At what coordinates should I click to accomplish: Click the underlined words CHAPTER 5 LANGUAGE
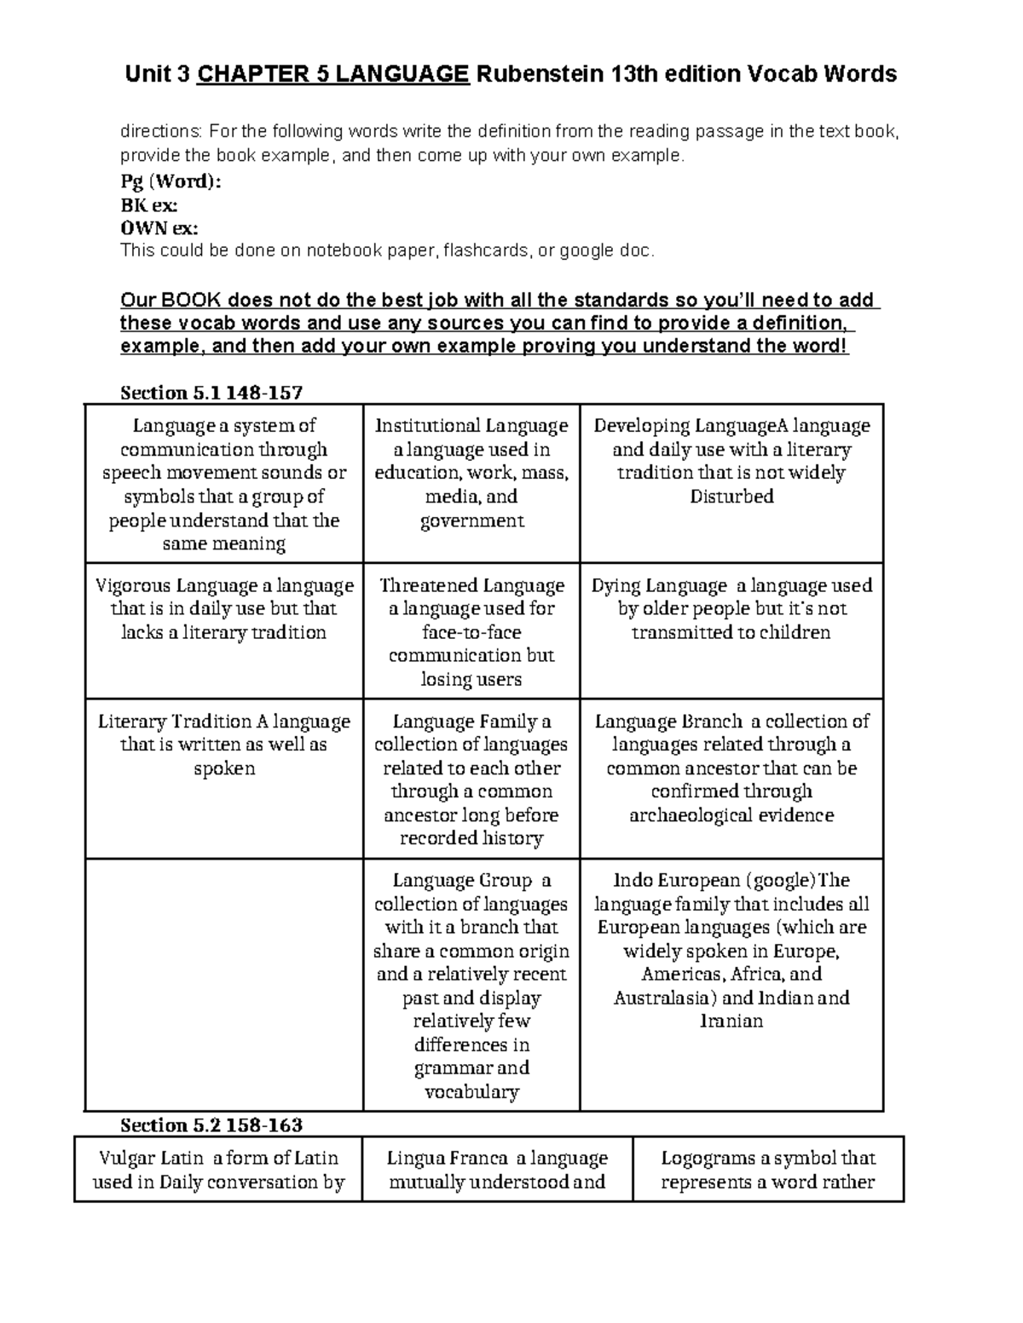(333, 75)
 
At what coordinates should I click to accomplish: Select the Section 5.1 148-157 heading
(211, 393)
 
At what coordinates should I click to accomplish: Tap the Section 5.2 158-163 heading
(211, 1125)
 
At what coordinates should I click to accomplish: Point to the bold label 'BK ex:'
(149, 205)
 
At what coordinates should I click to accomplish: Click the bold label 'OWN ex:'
(159, 228)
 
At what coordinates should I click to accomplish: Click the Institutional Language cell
(471, 473)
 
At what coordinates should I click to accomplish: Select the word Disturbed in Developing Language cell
(731, 497)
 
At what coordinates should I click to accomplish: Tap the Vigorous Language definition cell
(224, 609)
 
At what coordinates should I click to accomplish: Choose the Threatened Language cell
(471, 632)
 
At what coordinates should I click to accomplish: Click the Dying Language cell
(731, 609)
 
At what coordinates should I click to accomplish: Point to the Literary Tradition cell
(224, 745)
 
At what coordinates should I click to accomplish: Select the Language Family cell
(471, 779)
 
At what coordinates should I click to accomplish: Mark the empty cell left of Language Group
(224, 984)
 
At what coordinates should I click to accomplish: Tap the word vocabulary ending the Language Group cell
(471, 1092)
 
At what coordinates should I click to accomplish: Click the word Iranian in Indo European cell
(731, 1021)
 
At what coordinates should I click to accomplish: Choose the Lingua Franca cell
(497, 1170)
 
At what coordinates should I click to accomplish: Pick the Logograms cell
(768, 1170)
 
